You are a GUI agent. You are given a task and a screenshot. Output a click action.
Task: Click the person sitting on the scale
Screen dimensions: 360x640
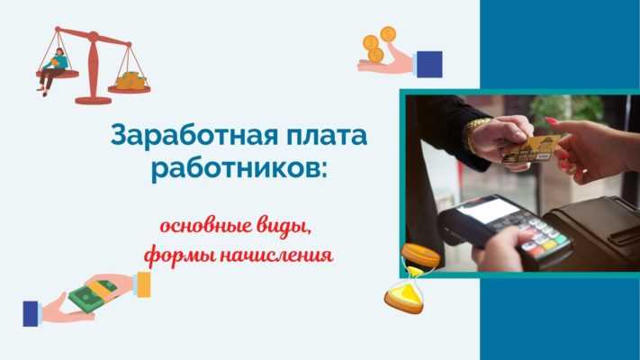[x=57, y=68]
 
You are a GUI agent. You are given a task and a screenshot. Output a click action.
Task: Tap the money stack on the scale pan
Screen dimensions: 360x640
[x=131, y=80]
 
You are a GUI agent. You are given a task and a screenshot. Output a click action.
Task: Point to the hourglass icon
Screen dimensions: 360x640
[x=403, y=293]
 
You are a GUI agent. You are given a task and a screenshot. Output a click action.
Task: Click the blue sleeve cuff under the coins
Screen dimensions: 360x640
[x=429, y=64]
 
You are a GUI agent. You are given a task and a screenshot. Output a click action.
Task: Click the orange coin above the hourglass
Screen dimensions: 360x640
[x=419, y=255]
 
